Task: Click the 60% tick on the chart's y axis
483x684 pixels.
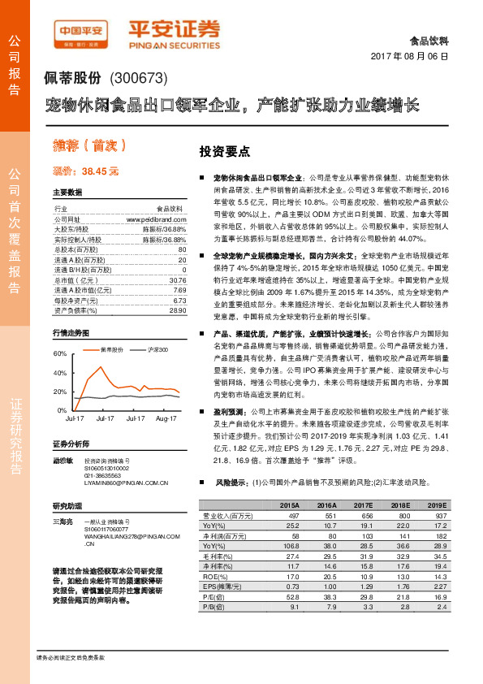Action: coord(61,354)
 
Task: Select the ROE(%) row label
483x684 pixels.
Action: coord(214,575)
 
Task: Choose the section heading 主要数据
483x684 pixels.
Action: coord(67,193)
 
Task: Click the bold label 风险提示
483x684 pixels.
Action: coord(231,482)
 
